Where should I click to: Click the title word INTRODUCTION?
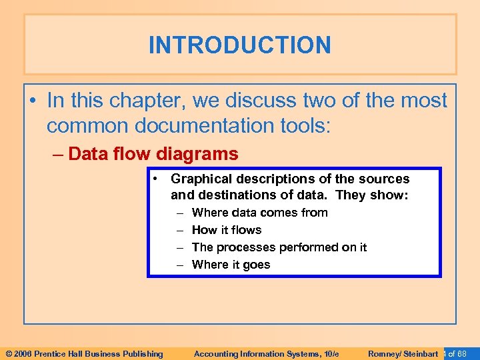[x=239, y=45]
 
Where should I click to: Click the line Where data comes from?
[x=259, y=213]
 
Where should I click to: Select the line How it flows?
[x=226, y=230]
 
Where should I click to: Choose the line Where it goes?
[x=231, y=265]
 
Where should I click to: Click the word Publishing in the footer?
[x=140, y=353]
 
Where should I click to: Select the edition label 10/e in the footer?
[x=329, y=353]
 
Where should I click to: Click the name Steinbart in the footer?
[x=420, y=353]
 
